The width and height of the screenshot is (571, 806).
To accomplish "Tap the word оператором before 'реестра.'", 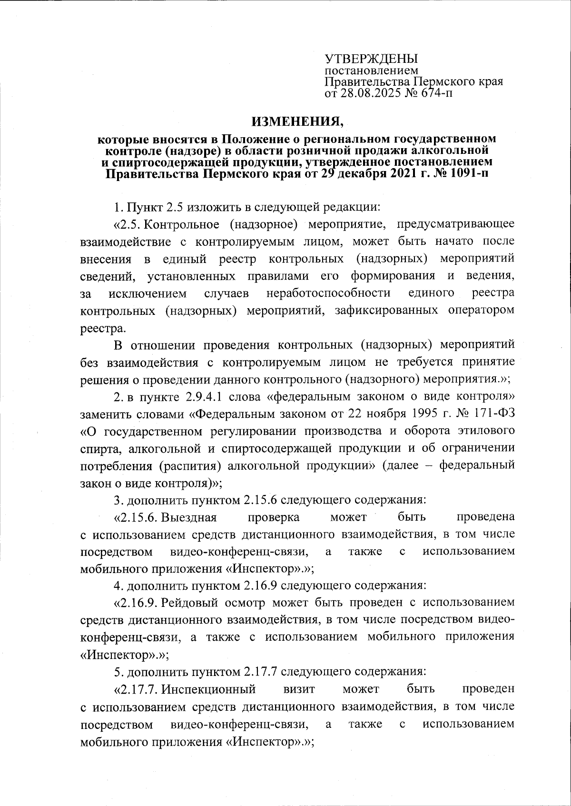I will (481, 311).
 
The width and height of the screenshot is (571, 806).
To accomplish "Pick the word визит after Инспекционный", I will (299, 689).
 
